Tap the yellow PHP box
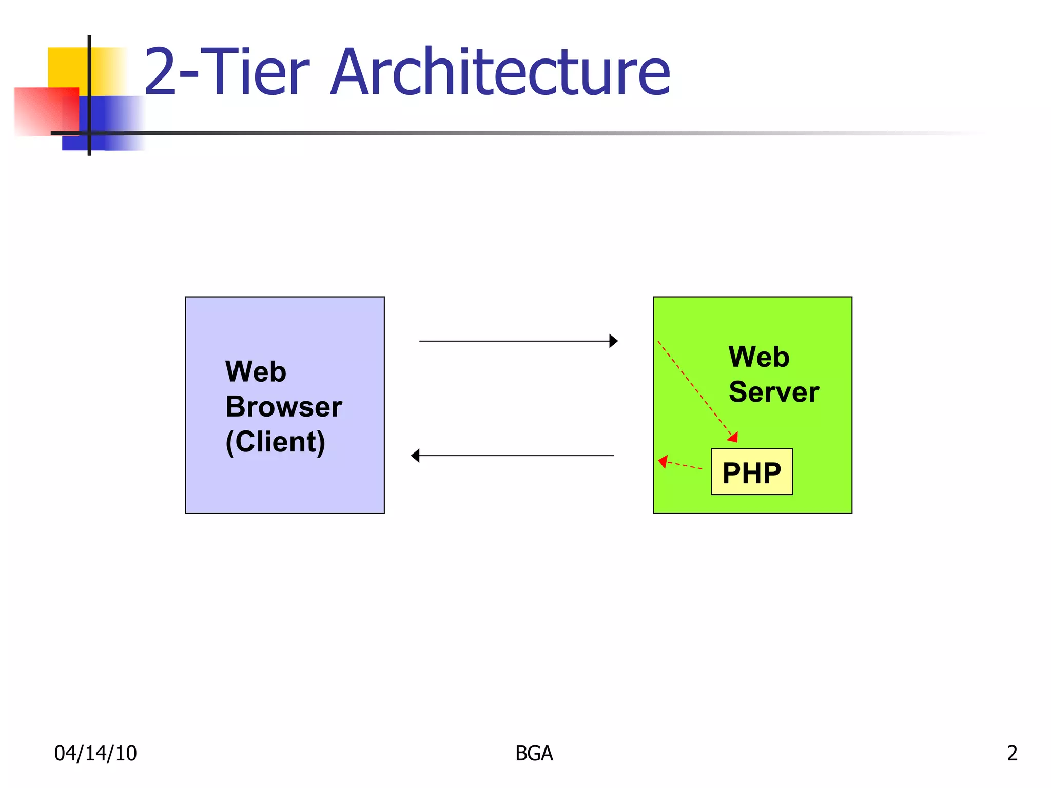tap(751, 472)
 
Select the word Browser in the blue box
tap(283, 407)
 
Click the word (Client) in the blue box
tap(276, 442)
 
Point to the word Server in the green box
tap(773, 392)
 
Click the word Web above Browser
tap(256, 371)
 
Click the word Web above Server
tap(758, 357)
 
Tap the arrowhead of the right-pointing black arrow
tap(613, 341)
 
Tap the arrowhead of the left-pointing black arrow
tap(416, 455)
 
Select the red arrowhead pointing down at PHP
tap(733, 437)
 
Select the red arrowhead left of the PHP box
tap(663, 461)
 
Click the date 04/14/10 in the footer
tap(95, 753)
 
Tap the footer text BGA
tap(534, 753)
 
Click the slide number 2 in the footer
tap(1011, 753)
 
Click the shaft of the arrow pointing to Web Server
tap(513, 341)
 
